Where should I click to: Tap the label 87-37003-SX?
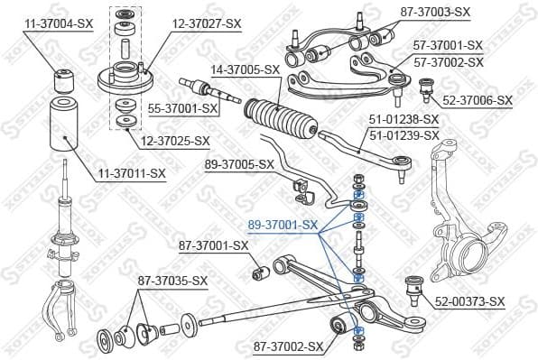[x=435, y=12]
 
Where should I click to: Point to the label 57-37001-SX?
[x=448, y=44]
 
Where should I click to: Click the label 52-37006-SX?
[x=477, y=100]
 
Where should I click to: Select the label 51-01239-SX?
[x=404, y=135]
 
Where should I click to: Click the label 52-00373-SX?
[x=469, y=300]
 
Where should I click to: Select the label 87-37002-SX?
[x=288, y=346]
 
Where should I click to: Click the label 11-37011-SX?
[x=133, y=171]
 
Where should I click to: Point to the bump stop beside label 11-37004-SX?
[x=65, y=78]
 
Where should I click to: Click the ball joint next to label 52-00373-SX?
[x=416, y=287]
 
